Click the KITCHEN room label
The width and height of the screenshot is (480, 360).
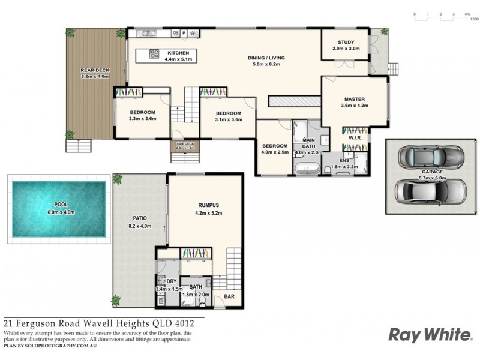click(x=178, y=52)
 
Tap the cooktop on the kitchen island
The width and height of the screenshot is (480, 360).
click(x=154, y=54)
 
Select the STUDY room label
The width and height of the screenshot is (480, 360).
click(x=346, y=42)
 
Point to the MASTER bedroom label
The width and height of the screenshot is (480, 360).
click(x=354, y=99)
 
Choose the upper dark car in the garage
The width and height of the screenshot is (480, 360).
click(x=431, y=157)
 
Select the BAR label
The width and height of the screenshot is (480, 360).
click(x=229, y=296)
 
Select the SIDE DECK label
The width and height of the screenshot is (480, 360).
click(x=185, y=144)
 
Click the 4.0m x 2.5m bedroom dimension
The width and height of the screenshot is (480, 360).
click(x=274, y=152)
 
